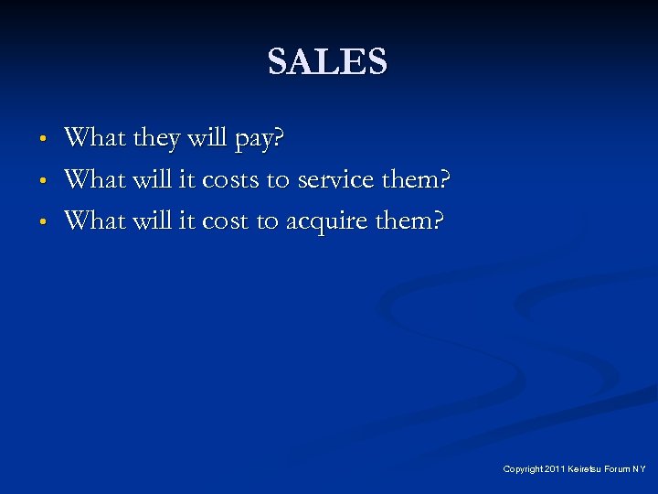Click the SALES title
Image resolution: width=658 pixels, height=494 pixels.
[328, 62]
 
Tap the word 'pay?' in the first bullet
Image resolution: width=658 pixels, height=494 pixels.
[260, 140]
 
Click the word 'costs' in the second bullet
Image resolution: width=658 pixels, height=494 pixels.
[230, 180]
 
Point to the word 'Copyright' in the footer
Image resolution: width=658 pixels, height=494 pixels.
[522, 469]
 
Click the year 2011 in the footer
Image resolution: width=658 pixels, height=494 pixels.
[555, 469]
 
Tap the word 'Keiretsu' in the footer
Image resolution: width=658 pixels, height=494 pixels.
[585, 469]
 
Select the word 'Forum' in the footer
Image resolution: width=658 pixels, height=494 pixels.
[618, 469]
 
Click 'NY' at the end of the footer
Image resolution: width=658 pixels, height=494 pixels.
[640, 469]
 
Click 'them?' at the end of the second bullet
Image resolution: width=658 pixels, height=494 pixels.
[416, 180]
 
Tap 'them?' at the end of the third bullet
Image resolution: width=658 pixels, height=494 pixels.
[407, 220]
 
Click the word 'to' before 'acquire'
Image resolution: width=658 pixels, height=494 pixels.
[271, 220]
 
